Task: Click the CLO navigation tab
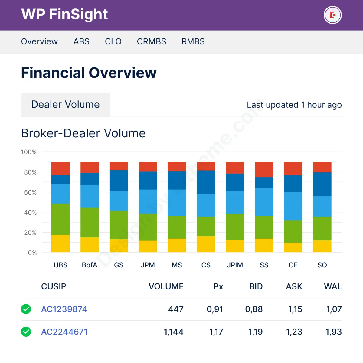113,41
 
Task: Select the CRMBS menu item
151,41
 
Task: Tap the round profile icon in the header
332,15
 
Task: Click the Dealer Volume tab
65,105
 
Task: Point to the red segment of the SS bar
264,169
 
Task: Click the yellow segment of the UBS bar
60,244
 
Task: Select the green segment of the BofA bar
90,222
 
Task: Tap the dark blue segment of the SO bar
322,184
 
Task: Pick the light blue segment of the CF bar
293,206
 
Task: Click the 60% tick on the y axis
30,192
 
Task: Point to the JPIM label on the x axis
235,265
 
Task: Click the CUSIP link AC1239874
64,309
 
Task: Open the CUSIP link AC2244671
64,332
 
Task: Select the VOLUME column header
166,286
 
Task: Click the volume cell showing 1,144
173,332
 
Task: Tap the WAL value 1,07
334,309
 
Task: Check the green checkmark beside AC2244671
26,332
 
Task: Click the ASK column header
294,286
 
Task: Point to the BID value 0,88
254,309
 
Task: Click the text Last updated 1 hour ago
294,105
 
